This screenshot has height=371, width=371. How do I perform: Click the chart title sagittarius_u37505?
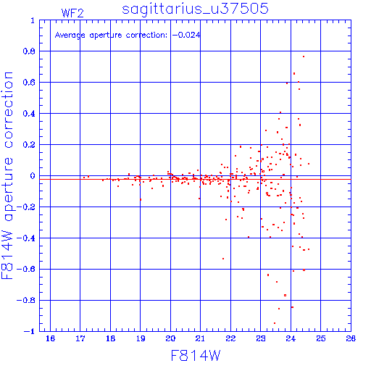click(195, 9)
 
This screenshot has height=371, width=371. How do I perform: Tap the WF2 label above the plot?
click(72, 13)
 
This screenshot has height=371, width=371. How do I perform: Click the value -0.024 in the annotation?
click(186, 35)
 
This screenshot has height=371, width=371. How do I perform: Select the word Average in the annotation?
click(70, 36)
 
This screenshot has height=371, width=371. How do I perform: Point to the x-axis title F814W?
click(196, 356)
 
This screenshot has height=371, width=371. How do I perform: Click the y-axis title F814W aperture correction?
click(7, 175)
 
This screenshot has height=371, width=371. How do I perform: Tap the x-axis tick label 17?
click(80, 338)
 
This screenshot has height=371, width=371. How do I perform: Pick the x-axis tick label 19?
click(141, 338)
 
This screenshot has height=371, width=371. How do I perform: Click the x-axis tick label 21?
click(200, 338)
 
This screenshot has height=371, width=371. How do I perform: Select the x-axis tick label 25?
click(321, 338)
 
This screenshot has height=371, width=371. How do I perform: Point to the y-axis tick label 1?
click(33, 20)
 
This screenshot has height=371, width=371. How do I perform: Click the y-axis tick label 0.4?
click(29, 114)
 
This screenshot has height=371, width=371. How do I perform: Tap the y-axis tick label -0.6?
click(26, 269)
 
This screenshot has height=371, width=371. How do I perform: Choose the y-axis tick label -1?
click(29, 331)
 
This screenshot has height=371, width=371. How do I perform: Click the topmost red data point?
click(304, 57)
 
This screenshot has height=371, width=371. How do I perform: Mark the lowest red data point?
click(275, 323)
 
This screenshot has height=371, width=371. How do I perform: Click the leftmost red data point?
click(84, 178)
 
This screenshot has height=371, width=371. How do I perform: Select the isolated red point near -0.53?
click(223, 259)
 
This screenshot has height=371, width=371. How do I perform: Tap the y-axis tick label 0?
click(33, 176)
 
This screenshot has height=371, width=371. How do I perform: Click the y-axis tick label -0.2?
click(26, 207)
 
